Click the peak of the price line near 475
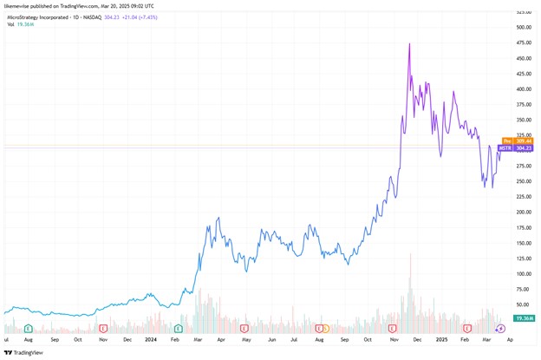point(409,43)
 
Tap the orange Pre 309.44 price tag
point(524,141)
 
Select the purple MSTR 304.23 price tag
point(524,148)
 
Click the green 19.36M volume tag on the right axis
point(525,317)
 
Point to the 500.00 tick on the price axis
point(524,27)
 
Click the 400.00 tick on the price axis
point(524,88)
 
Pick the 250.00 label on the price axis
point(524,181)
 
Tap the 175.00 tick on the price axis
point(524,227)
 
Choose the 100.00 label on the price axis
point(524,273)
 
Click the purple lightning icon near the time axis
point(501,328)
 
